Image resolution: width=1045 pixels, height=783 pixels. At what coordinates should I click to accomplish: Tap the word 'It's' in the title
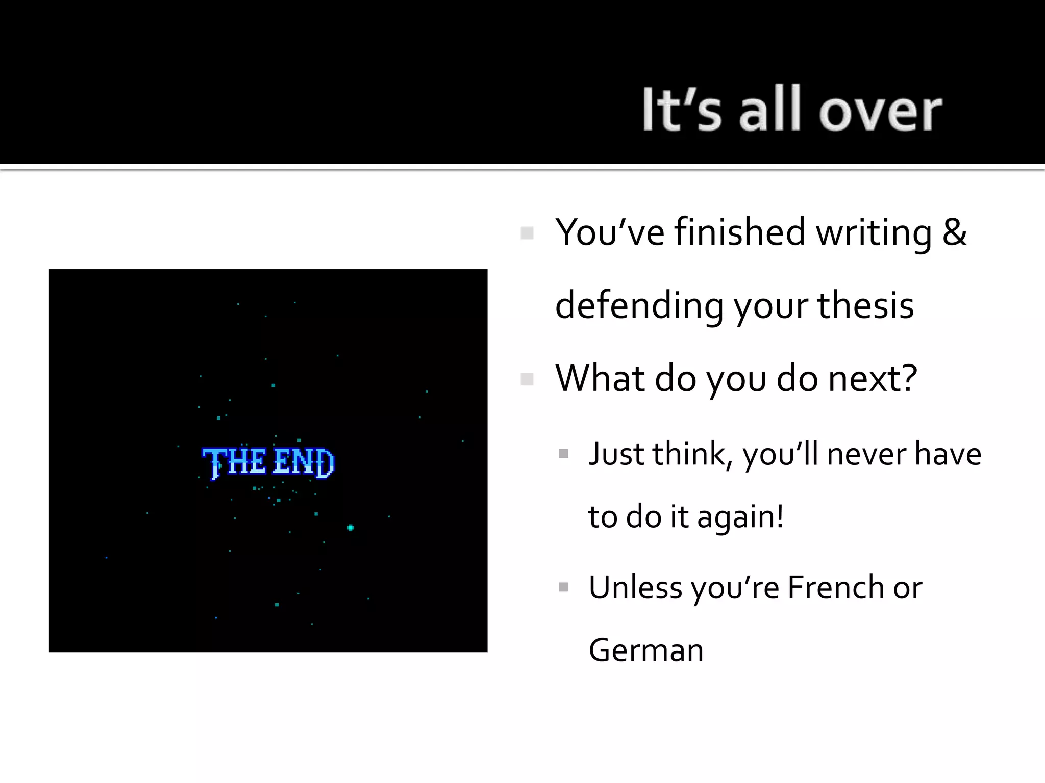[x=682, y=109]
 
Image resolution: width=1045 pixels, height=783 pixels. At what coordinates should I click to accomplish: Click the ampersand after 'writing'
[x=954, y=232]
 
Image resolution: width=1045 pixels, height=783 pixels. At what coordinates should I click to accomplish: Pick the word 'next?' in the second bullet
[x=873, y=379]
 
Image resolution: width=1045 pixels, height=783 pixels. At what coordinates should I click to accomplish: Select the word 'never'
[x=866, y=454]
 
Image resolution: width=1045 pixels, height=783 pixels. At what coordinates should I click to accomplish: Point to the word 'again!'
[x=740, y=517]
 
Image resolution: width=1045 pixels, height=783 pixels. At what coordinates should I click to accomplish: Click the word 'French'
[x=835, y=587]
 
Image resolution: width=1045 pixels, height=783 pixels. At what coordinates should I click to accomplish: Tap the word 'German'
[x=646, y=650]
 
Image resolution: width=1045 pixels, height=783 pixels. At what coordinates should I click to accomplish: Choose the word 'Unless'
[x=635, y=587]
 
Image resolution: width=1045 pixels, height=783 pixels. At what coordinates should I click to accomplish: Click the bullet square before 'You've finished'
[x=527, y=233]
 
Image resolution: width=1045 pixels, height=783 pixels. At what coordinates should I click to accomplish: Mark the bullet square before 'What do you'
[x=527, y=379]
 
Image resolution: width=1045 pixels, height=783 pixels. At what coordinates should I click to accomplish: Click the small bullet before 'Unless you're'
[x=564, y=587]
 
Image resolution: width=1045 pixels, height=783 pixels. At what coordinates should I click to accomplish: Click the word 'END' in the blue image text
[x=304, y=462]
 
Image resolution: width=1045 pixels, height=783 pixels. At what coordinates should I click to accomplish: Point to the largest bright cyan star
[x=351, y=528]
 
